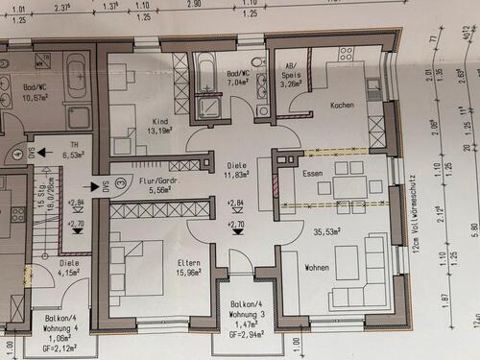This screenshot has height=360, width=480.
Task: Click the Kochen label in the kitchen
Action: click(341, 105)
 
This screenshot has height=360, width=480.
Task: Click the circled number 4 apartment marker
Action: click(18, 154)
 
